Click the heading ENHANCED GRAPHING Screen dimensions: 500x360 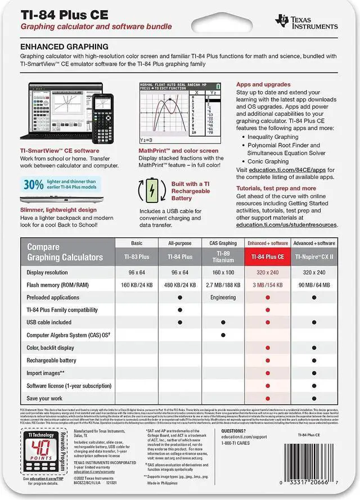click(64, 46)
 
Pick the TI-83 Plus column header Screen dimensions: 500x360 click(136, 256)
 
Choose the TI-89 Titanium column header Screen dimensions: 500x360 click(223, 256)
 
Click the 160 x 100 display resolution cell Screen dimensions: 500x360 click(223, 272)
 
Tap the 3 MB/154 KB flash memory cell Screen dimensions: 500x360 click(267, 285)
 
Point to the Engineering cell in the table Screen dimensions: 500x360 click(223, 297)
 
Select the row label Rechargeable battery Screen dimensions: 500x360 click(51, 360)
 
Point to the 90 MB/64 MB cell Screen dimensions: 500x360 click(310, 285)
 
